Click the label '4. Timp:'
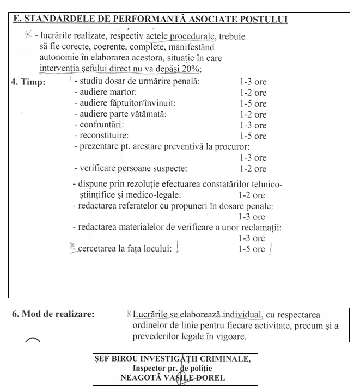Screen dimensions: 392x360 (x=28, y=82)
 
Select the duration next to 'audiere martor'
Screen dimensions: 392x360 (x=253, y=93)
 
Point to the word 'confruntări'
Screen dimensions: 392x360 (x=102, y=125)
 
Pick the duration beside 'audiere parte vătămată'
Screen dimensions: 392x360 (x=253, y=114)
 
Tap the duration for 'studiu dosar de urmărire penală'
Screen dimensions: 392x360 (x=253, y=82)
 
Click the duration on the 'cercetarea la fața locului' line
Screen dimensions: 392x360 (x=251, y=249)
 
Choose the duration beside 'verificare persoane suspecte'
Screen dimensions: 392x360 (x=253, y=169)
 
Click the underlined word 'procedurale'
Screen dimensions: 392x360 (x=192, y=36)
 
